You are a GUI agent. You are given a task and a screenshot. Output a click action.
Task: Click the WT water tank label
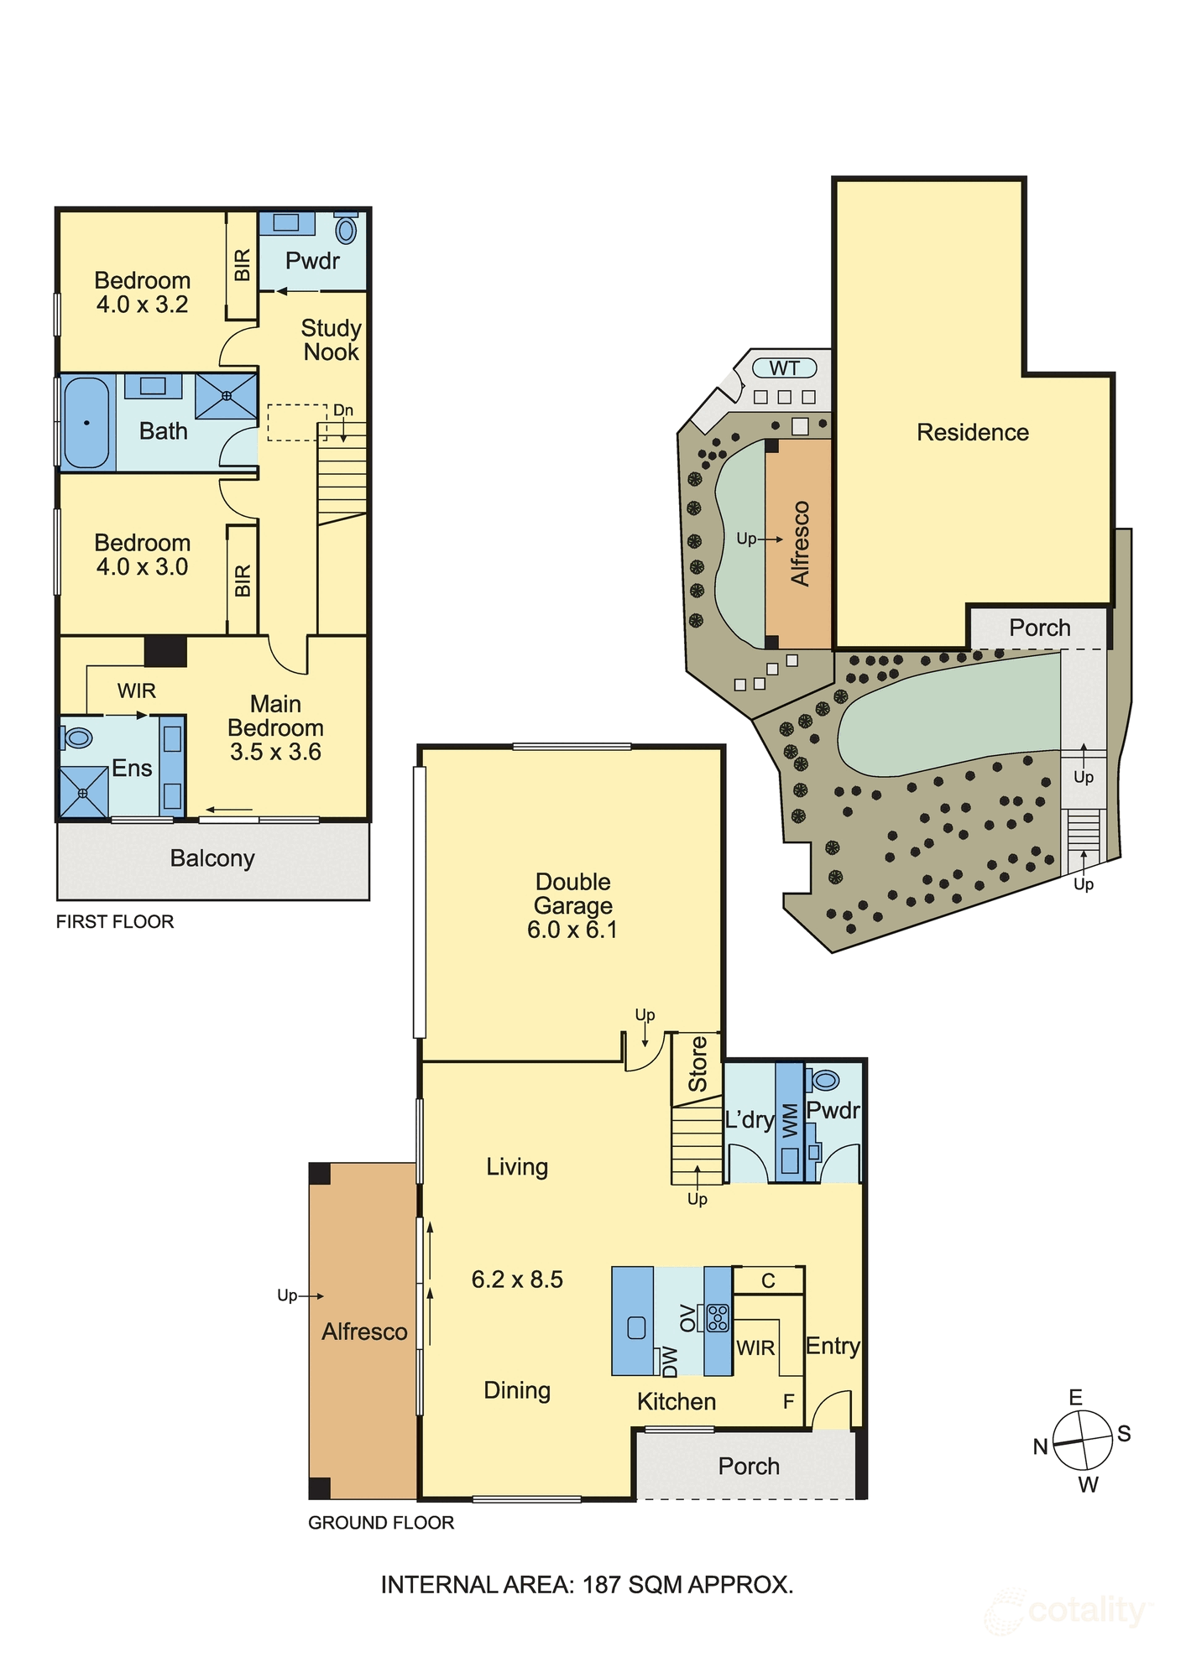[x=784, y=368]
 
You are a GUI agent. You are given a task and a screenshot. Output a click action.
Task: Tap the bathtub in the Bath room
[x=86, y=423]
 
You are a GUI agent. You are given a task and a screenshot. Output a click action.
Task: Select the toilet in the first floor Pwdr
[x=346, y=228]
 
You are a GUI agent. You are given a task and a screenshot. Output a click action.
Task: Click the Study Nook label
[x=331, y=340]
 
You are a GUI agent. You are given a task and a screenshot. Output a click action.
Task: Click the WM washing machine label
[x=789, y=1121]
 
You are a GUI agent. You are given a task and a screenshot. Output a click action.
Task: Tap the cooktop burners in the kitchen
[x=718, y=1318]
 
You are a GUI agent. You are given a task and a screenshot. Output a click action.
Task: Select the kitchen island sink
[x=636, y=1327]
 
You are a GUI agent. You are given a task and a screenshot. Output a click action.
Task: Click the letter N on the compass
[x=1040, y=1446]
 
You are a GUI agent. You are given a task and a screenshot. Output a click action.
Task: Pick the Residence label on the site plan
[x=972, y=432]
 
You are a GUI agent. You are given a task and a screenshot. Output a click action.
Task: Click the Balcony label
[x=212, y=858]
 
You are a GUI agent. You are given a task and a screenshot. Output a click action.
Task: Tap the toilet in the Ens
[x=77, y=737]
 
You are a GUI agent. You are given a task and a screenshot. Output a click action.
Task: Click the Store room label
[x=697, y=1064]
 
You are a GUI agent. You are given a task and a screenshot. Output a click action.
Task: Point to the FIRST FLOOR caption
[x=115, y=921]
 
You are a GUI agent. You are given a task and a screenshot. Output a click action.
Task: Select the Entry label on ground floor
[x=833, y=1346]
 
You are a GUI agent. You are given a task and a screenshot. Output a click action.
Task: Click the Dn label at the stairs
[x=343, y=410]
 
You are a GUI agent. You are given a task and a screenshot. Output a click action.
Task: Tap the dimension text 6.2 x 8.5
[x=517, y=1279]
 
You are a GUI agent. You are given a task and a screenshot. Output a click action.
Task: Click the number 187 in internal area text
[x=603, y=1585]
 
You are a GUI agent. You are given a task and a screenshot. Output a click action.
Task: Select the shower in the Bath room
[x=226, y=396]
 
